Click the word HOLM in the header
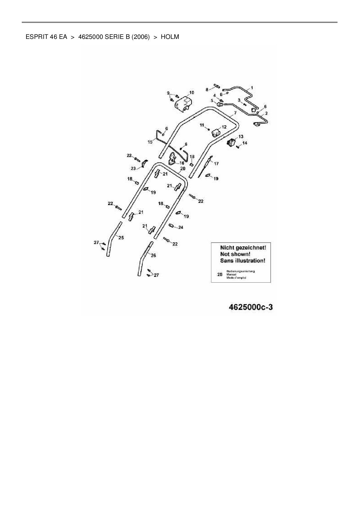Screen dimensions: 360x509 coord(170,37)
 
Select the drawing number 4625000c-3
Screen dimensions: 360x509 coord(251,307)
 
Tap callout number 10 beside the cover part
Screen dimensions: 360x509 coord(192,93)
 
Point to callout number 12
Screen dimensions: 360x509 coord(224,127)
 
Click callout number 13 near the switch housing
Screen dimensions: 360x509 coord(241,136)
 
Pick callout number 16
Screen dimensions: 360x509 coord(182,163)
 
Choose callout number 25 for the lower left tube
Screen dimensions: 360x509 coord(121,238)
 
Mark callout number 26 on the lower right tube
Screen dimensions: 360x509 coord(153,255)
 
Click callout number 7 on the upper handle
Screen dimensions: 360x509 coord(235,113)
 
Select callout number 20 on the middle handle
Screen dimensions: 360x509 coord(183,168)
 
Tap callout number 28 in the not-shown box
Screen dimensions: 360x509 coord(220,274)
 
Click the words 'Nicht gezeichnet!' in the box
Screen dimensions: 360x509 coord(243,248)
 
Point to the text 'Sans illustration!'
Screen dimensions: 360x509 coord(243,261)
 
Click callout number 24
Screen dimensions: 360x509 coord(181,227)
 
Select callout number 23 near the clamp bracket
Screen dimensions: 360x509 coord(133,168)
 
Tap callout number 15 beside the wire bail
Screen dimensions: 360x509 coord(150,142)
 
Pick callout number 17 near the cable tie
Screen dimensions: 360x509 coord(216,164)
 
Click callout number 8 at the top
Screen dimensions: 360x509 coord(207,90)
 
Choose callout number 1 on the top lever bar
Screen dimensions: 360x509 coord(252,87)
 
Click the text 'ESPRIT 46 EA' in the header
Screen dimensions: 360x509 coord(46,37)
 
